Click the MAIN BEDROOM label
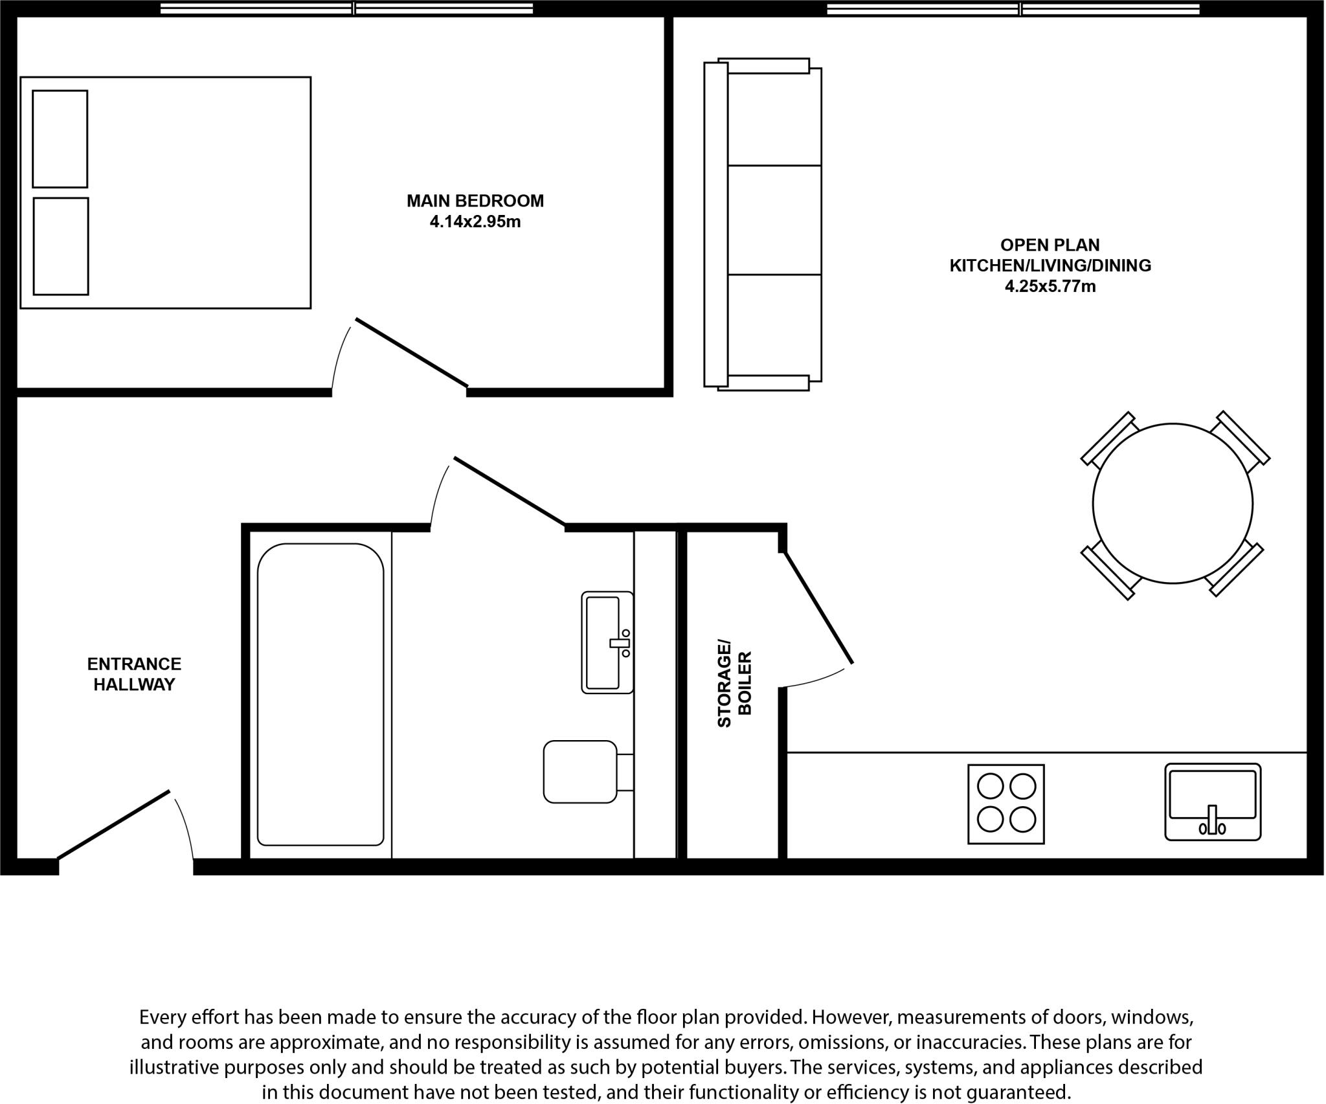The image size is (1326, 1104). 475,201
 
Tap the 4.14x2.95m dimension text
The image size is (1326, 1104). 475,222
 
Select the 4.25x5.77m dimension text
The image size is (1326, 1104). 1050,286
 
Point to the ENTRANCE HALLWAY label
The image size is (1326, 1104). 134,674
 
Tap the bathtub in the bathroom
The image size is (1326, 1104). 320,695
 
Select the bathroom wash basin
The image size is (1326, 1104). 606,642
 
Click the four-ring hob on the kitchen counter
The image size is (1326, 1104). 1006,804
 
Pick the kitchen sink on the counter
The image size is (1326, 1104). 1212,802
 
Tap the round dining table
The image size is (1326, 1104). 1172,504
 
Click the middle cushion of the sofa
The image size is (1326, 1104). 774,220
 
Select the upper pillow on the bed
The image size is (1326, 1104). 60,139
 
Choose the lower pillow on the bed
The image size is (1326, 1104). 61,246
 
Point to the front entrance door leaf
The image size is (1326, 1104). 114,824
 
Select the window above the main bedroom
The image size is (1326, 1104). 346,8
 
